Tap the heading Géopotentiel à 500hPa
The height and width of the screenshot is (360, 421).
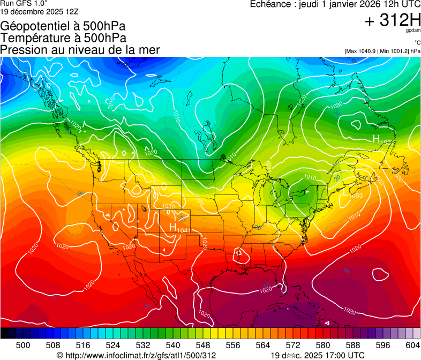pos(64,26)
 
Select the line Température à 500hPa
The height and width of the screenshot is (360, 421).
pos(63,38)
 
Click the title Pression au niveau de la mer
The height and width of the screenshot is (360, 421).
pos(80,50)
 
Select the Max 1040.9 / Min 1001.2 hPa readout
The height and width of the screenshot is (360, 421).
pos(382,51)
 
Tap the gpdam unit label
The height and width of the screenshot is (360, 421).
pos(414,31)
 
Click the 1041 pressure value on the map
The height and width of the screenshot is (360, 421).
pos(183,230)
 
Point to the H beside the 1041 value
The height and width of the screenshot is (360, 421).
pos(172,227)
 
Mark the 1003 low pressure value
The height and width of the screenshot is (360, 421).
pos(356,196)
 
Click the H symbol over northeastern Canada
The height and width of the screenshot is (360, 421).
pos(376,139)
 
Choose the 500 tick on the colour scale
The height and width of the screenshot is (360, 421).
pos(23,346)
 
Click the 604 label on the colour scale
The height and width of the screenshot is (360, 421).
pos(412,346)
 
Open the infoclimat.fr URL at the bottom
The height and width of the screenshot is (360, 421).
pos(136,355)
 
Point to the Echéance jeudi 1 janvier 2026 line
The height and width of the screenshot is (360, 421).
pos(335,4)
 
